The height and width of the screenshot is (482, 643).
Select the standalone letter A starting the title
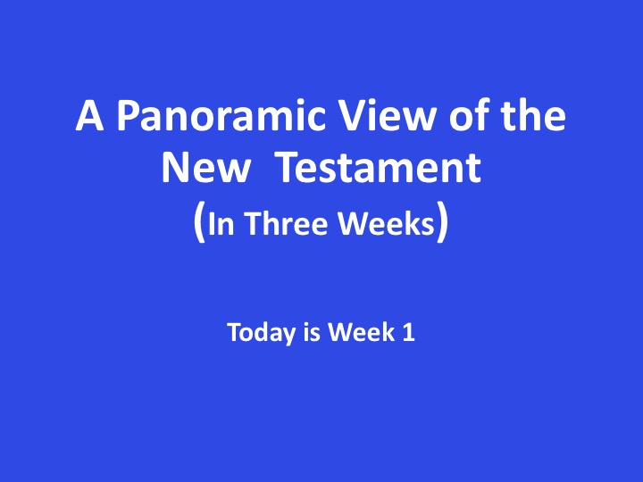[x=89, y=115]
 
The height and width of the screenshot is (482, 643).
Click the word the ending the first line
[x=533, y=115]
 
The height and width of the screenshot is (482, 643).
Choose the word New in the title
[x=206, y=167]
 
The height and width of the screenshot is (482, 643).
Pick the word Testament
[x=379, y=167]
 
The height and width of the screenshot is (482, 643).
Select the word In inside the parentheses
[x=221, y=224]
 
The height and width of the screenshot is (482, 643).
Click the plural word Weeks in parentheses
[x=387, y=223]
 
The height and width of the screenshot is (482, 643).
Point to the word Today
[x=261, y=332]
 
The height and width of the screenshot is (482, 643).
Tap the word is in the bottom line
[x=312, y=332]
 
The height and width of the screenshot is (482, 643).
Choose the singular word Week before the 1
[x=362, y=331]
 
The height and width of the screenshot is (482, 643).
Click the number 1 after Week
[x=409, y=332]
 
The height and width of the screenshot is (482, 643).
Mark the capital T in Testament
[x=290, y=168]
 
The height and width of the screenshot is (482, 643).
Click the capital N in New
[x=176, y=168]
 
